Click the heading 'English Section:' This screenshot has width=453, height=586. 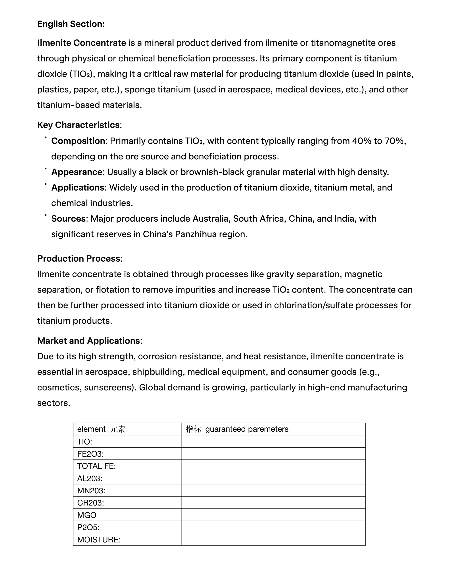71,24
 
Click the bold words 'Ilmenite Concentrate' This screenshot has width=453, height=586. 82,43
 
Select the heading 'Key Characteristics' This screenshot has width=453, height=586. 78,125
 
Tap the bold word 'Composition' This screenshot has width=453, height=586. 78,141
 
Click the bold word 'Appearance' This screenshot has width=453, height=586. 77,172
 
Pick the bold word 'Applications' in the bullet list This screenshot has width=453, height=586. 78,188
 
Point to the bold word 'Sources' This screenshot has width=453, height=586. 68,219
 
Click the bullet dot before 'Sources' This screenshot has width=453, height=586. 46,215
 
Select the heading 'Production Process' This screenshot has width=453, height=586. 79,259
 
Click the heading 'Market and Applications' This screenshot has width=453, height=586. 88,341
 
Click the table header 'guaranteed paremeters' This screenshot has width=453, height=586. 247,429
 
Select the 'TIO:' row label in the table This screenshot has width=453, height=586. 84,442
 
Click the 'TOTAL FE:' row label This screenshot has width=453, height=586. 96,466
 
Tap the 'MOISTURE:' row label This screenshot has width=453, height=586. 98,540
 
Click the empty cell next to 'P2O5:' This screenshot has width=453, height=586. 273,527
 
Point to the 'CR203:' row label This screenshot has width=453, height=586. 90,503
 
